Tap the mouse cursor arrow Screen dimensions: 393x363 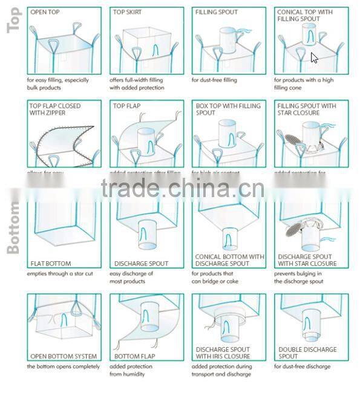(315, 58)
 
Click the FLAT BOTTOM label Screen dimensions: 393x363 (50, 264)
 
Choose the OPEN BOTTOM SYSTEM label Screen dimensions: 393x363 (64, 356)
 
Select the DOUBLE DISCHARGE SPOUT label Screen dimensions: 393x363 (307, 352)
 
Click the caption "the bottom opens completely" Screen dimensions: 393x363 (63, 366)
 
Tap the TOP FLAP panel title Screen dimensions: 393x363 (126, 106)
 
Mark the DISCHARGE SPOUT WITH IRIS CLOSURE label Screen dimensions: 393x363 (223, 352)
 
